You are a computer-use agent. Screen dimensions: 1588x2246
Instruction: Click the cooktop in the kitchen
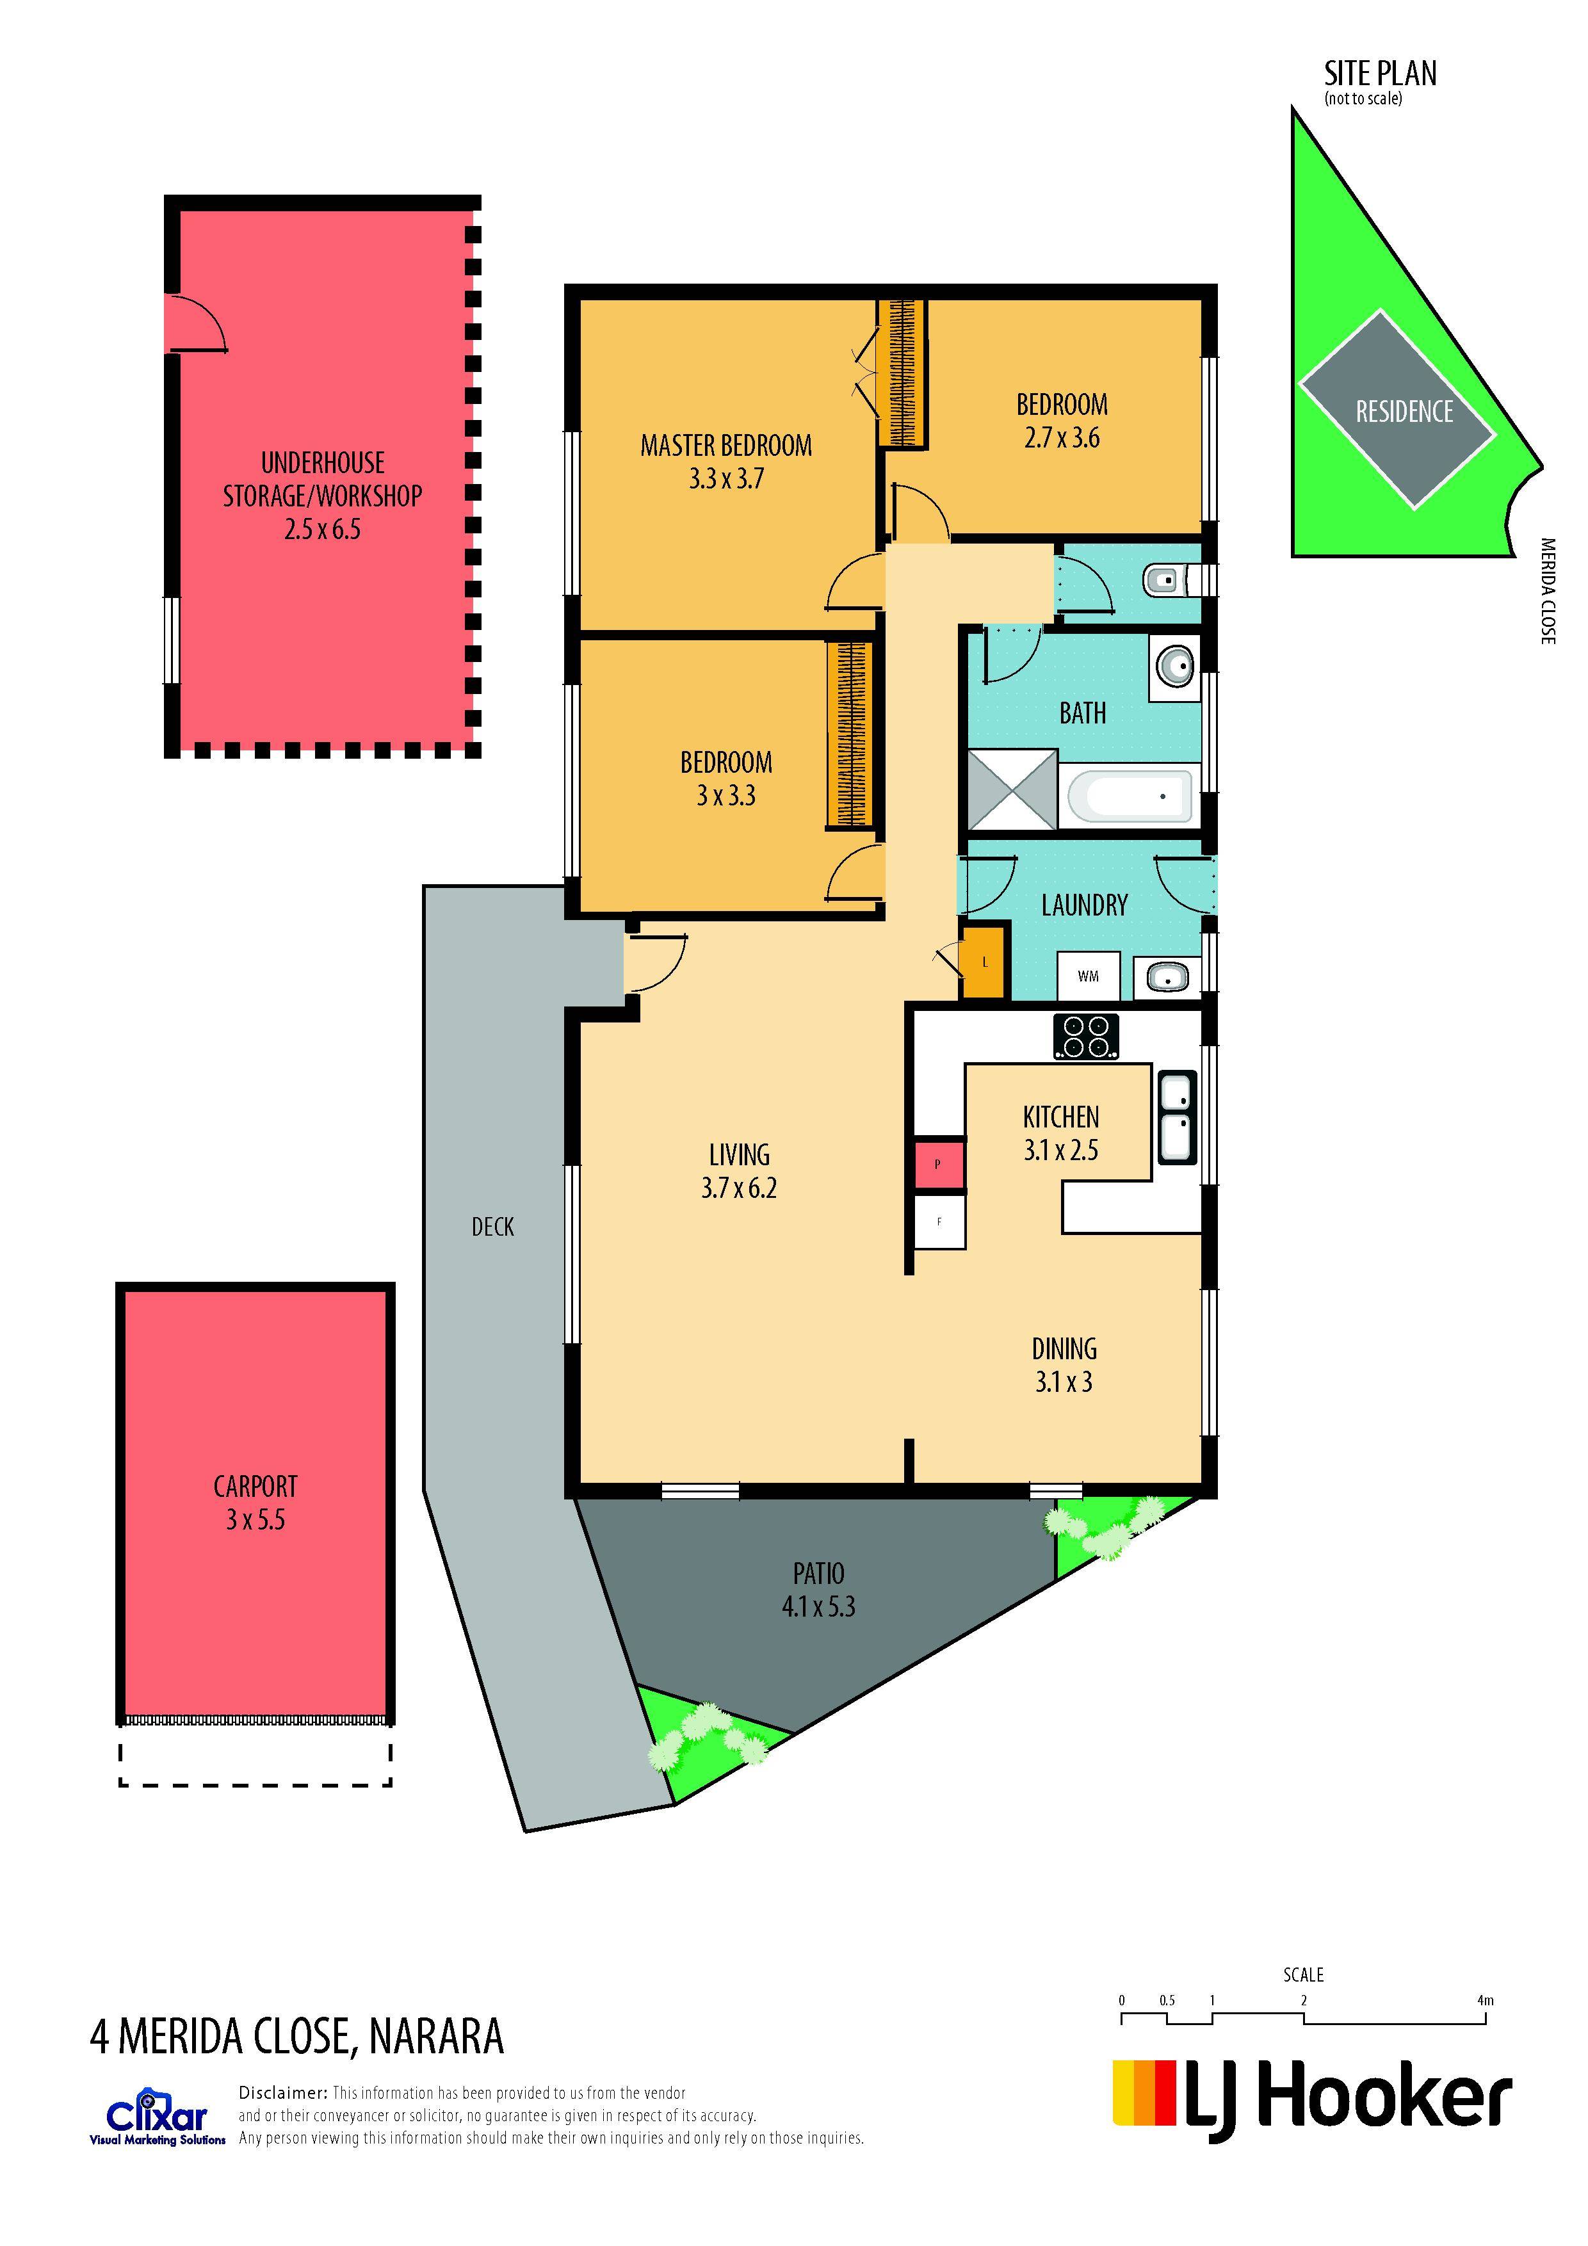pyautogui.click(x=1085, y=1037)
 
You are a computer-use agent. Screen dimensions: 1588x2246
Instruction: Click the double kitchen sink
pyautogui.click(x=1176, y=1117)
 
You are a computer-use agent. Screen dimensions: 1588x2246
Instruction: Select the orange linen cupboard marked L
pyautogui.click(x=984, y=962)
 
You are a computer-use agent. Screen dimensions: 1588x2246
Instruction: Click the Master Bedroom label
pyautogui.click(x=726, y=446)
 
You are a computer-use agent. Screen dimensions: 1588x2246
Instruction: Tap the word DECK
pyautogui.click(x=492, y=1227)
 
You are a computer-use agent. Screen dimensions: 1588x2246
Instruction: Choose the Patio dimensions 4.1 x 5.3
pyautogui.click(x=818, y=1606)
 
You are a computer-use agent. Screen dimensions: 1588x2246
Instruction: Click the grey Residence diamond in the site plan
pyautogui.click(x=1397, y=409)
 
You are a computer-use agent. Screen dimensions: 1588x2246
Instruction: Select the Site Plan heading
pyautogui.click(x=1380, y=74)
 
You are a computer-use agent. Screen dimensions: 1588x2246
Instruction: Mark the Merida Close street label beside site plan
pyautogui.click(x=1547, y=591)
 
